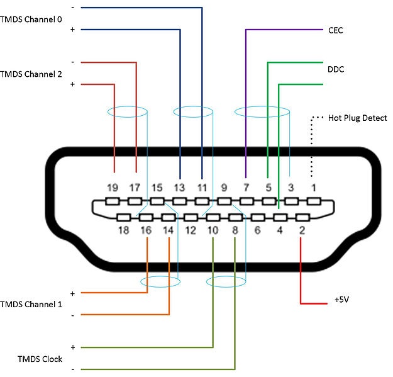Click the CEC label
(335, 30)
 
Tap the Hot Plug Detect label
(357, 118)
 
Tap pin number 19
(113, 187)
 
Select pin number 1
(313, 187)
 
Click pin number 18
(123, 230)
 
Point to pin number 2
(302, 230)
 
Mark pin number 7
(246, 187)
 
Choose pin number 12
(191, 230)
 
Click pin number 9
(224, 187)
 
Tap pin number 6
(257, 230)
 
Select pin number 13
(180, 187)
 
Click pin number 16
(146, 230)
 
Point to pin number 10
(213, 230)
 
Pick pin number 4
(279, 230)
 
